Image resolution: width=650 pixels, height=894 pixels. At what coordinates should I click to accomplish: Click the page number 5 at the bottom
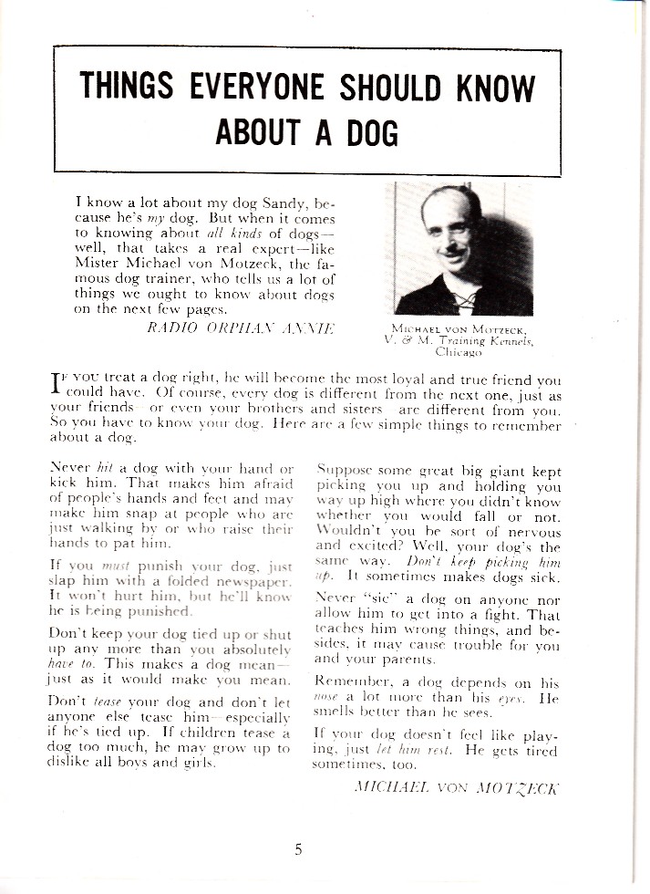point(298,850)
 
